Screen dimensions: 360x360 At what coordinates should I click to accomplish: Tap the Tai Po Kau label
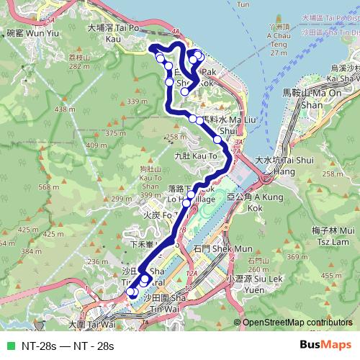pyautogui.click(x=112, y=33)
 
